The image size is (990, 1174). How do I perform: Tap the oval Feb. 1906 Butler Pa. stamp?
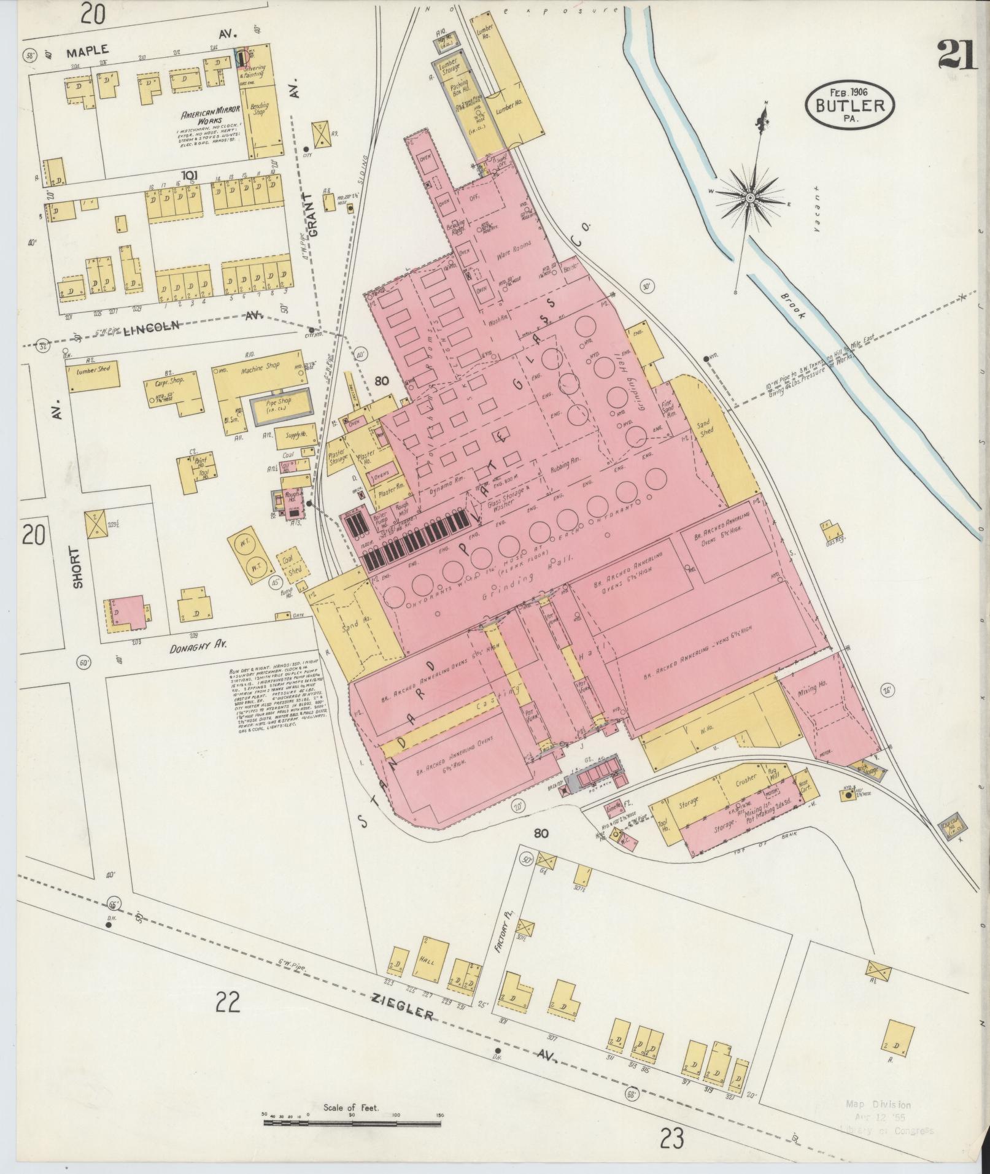(x=850, y=104)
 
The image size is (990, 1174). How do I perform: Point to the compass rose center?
(x=749, y=197)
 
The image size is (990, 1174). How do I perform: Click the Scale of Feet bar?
(x=352, y=1122)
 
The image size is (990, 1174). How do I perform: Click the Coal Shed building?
(x=292, y=565)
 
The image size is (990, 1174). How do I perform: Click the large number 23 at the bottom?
(x=673, y=1138)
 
